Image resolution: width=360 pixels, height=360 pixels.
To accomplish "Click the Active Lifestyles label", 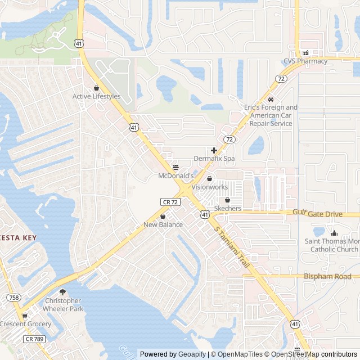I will click(x=96, y=96).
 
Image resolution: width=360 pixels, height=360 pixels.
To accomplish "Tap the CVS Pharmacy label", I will click(x=305, y=61).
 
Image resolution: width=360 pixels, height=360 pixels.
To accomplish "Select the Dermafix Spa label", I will click(x=214, y=159).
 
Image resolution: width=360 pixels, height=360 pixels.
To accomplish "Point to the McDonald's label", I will click(x=175, y=176).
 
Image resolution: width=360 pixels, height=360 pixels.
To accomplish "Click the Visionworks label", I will click(x=210, y=187).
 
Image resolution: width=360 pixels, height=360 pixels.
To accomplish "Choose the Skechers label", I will click(x=227, y=208).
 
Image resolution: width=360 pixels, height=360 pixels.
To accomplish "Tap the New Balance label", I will click(x=163, y=225).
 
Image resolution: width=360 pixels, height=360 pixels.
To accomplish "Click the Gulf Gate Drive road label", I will click(x=318, y=214).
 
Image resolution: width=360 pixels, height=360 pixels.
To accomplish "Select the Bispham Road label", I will click(x=327, y=276).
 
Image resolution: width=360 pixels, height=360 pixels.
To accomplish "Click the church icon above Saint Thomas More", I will click(x=334, y=233).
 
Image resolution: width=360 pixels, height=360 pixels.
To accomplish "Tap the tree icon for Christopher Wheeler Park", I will click(x=62, y=292).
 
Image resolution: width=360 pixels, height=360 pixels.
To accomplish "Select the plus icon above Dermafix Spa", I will click(x=214, y=150).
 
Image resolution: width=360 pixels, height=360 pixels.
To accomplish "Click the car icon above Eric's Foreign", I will click(x=271, y=99).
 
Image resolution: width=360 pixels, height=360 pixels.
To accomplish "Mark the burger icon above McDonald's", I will click(x=175, y=168).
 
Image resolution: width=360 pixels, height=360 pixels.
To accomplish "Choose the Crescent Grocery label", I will click(x=25, y=324).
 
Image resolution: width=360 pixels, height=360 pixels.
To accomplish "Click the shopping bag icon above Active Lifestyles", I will click(x=96, y=88).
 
